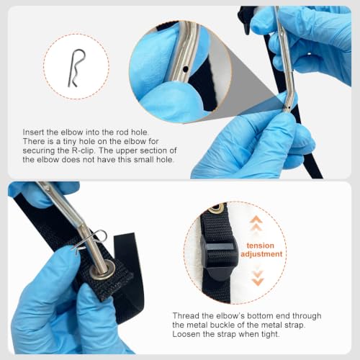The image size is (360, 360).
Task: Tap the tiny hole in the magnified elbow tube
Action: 185,69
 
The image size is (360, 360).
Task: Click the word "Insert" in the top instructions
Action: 32,132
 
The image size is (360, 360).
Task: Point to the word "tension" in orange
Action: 260,246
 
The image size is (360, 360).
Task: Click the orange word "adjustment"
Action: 261,254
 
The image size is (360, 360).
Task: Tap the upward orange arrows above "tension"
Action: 256,223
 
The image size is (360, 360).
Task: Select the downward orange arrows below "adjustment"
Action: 258,278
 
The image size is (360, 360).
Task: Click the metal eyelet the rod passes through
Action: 102,270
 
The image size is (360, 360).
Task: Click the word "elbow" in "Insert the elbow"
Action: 72,132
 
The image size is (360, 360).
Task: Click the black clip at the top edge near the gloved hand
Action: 246,19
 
